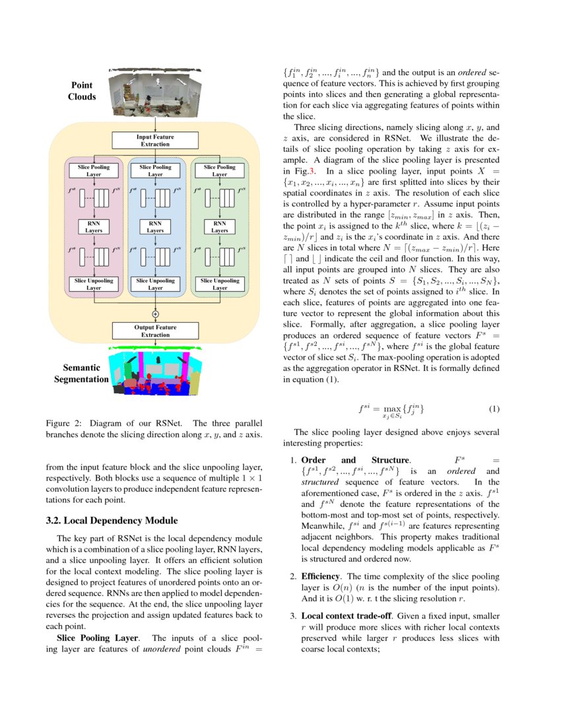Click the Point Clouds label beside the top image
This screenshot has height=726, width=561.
pyautogui.click(x=82, y=91)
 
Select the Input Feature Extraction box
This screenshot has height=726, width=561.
pyautogui.click(x=155, y=141)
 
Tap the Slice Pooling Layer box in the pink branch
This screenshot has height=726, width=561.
pyautogui.click(x=92, y=171)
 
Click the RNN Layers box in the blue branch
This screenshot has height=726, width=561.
pyautogui.click(x=155, y=227)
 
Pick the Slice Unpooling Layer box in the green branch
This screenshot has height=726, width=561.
pyautogui.click(x=219, y=284)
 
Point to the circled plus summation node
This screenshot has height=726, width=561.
pyautogui.click(x=156, y=313)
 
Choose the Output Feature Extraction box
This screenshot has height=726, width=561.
pyautogui.click(x=155, y=331)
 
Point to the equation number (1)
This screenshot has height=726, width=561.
pyautogui.click(x=494, y=409)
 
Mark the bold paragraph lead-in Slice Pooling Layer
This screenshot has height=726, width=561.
pyautogui.click(x=97, y=638)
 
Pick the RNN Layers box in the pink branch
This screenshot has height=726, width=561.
pyautogui.click(x=92, y=227)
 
